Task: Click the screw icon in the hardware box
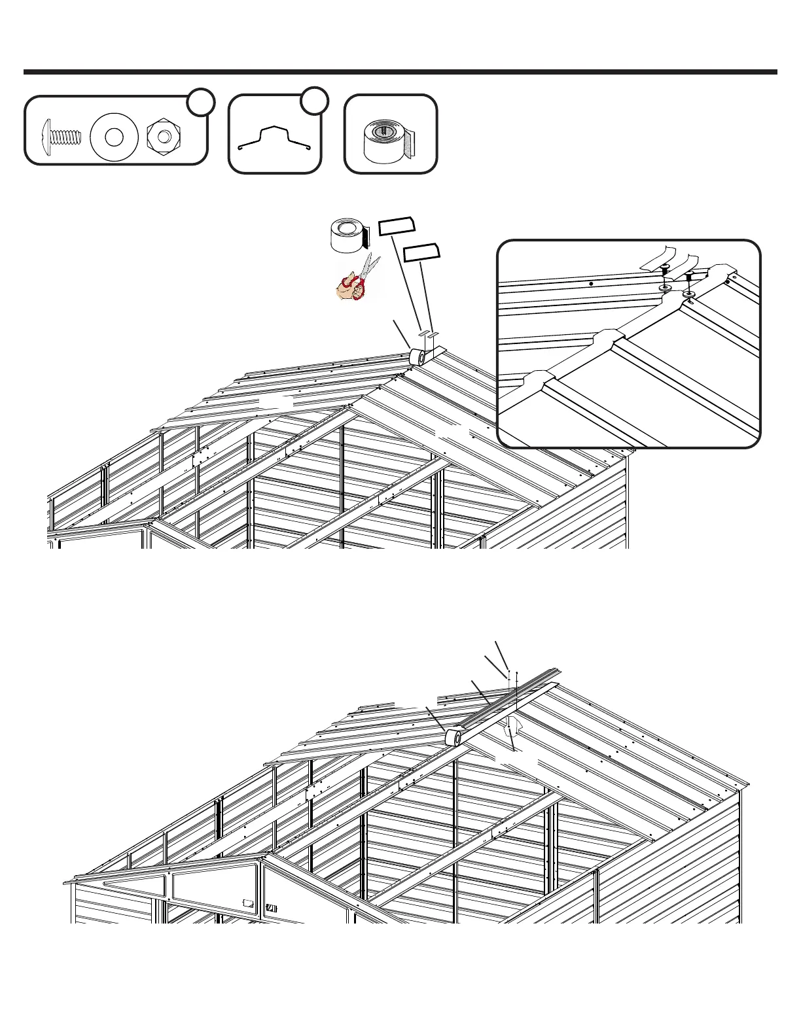coord(63,138)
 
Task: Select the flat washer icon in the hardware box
coord(114,137)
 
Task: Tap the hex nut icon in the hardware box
coord(165,136)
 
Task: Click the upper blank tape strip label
coord(397,226)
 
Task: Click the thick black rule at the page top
coord(400,72)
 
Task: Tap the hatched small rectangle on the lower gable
coord(272,908)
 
